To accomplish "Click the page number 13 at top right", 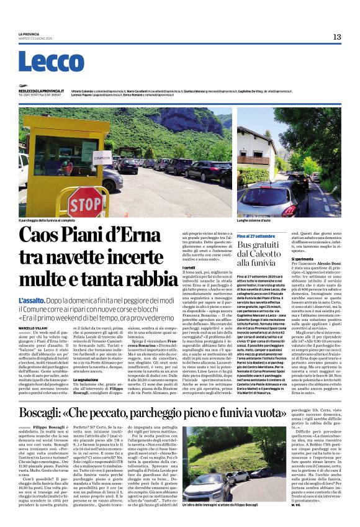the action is [x=337, y=37].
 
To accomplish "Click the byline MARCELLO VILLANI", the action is [x=34, y=327].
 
